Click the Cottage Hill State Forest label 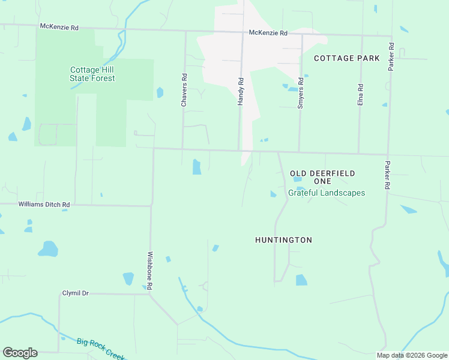click(x=92, y=74)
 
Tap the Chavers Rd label click(x=184, y=91)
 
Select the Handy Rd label click(x=240, y=92)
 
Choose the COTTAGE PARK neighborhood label click(x=347, y=58)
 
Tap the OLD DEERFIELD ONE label click(x=322, y=177)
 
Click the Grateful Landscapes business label click(x=327, y=193)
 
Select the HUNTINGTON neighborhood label click(x=283, y=240)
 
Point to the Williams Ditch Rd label click(x=44, y=205)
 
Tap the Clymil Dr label click(x=75, y=293)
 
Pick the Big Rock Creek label click(x=100, y=349)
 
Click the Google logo click(x=20, y=353)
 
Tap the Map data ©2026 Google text click(x=412, y=355)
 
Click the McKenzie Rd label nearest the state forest click(x=59, y=28)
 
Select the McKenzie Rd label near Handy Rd click(x=268, y=33)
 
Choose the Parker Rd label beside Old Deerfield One click(x=388, y=176)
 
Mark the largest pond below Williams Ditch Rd click(x=48, y=248)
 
